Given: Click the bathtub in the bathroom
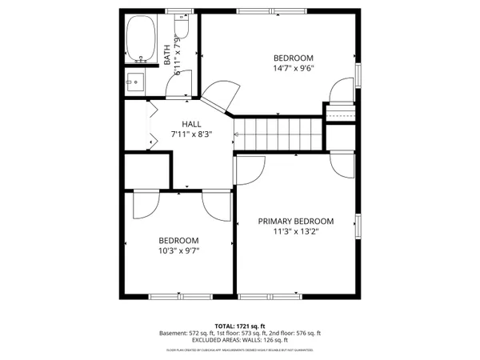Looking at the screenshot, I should [x=142, y=39].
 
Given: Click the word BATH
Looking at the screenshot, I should [x=167, y=54].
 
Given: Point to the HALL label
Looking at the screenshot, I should [x=191, y=124].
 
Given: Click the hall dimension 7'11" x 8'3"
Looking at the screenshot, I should [x=191, y=135].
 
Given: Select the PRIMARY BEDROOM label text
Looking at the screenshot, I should [x=295, y=222].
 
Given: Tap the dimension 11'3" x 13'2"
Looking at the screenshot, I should [x=295, y=233].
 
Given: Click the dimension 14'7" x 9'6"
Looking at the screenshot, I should [x=294, y=68].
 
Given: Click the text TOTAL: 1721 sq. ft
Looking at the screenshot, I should [x=240, y=326].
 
